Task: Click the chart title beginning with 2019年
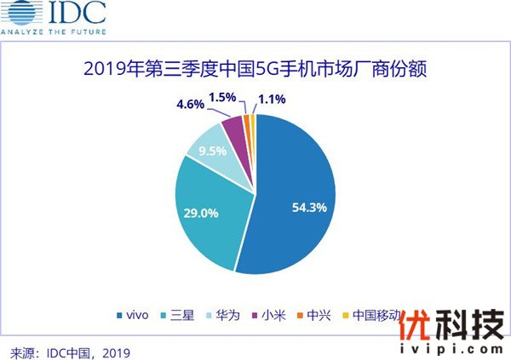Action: [255, 67]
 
